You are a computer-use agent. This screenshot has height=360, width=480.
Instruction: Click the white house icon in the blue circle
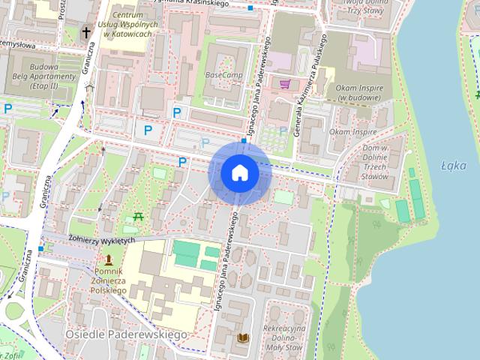(x=240, y=173)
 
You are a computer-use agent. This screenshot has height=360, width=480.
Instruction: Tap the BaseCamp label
(x=223, y=76)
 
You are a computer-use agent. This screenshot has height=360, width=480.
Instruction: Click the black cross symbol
(x=86, y=32)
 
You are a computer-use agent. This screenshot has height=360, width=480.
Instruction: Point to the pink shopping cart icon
(x=285, y=84)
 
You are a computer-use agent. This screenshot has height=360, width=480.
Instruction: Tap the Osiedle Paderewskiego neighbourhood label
(x=125, y=334)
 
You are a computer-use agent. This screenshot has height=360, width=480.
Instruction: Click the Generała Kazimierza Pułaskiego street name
(x=309, y=82)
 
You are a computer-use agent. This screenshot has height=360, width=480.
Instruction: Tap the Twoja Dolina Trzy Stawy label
(x=361, y=7)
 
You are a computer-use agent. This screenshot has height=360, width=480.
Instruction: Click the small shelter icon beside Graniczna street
(x=89, y=88)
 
